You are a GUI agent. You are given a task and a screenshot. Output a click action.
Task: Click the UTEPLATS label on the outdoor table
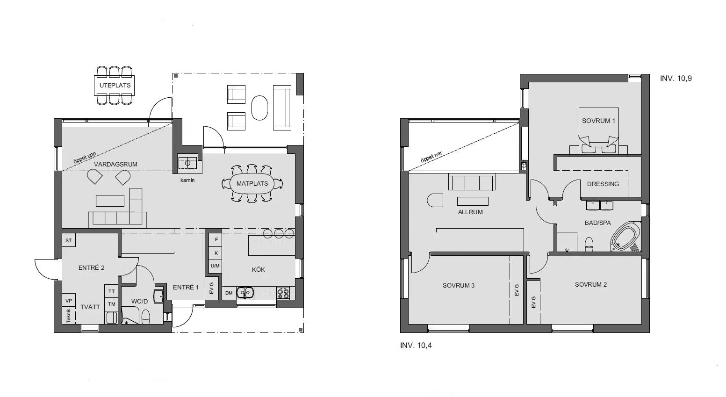pyautogui.click(x=115, y=86)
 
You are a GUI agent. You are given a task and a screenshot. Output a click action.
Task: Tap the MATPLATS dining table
pyautogui.click(x=252, y=183)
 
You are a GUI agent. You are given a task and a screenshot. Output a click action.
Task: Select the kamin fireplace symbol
pyautogui.click(x=187, y=164)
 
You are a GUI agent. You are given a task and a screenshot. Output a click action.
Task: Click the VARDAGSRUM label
pyautogui.click(x=115, y=164)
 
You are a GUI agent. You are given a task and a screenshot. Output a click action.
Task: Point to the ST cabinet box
pyautogui.click(x=69, y=240)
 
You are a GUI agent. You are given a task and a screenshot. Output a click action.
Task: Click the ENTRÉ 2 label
pyautogui.click(x=91, y=268)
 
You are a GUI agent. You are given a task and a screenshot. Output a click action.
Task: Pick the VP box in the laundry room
pyautogui.click(x=69, y=301)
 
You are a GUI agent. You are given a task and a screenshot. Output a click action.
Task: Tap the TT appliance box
pyautogui.click(x=112, y=291)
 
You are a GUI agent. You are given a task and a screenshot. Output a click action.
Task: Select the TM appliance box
pyautogui.click(x=112, y=304)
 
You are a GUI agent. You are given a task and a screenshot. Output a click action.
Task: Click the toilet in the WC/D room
pyautogui.click(x=145, y=317)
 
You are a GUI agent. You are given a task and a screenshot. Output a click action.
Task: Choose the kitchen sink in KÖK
pyautogui.click(x=244, y=293)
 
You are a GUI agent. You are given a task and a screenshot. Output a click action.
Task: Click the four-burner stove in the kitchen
pyautogui.click(x=283, y=293)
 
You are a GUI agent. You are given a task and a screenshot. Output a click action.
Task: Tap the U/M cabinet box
pyautogui.click(x=215, y=266)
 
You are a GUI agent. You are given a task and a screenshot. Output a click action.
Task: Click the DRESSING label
pyautogui.click(x=603, y=184)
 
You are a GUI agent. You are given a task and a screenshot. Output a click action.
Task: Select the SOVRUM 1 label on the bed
pyautogui.click(x=598, y=121)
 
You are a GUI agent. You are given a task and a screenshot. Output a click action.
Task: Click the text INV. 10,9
pyautogui.click(x=676, y=79)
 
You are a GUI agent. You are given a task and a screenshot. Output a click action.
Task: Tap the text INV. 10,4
pyautogui.click(x=416, y=346)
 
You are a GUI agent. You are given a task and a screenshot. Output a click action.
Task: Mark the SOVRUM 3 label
pyautogui.click(x=459, y=285)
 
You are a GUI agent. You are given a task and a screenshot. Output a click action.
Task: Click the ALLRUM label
pyautogui.click(x=470, y=212)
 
